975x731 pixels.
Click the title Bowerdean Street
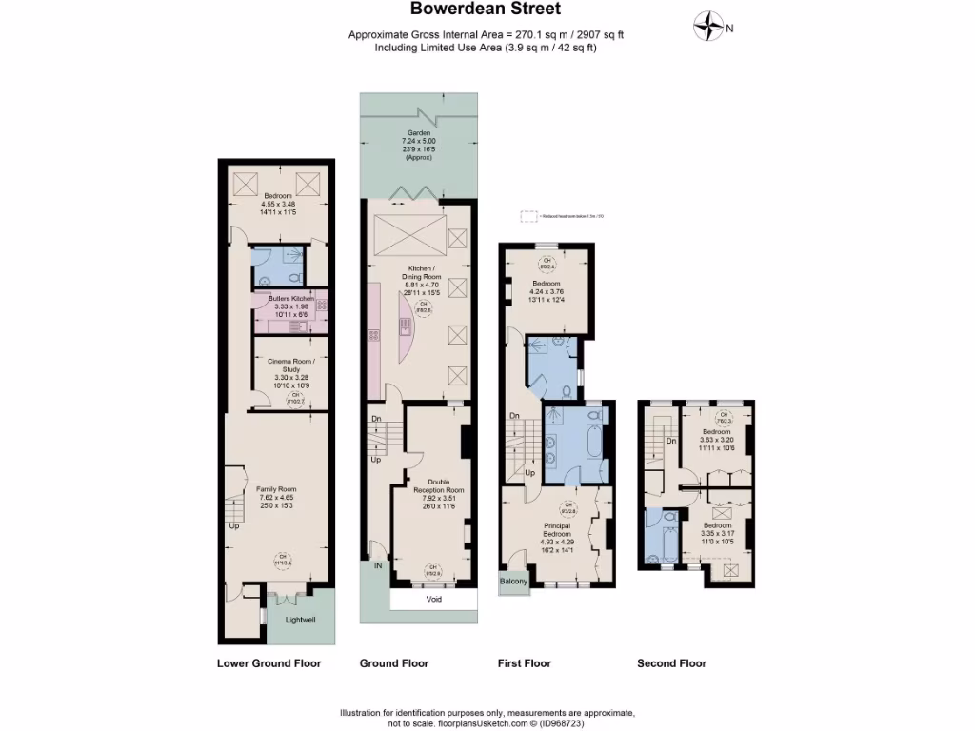[x=486, y=10]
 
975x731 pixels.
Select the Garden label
[x=419, y=133]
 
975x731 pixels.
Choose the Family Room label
[x=277, y=489]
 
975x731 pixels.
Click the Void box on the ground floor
[x=433, y=600]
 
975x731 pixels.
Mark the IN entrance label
[x=379, y=566]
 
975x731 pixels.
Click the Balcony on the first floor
[x=513, y=582]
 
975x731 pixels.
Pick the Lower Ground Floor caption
[x=269, y=663]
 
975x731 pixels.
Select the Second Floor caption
[x=671, y=663]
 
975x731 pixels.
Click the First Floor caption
[x=525, y=663]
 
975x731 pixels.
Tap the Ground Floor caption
[x=393, y=663]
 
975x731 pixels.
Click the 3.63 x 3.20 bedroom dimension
[x=718, y=440]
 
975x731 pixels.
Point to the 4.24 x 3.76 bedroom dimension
[x=547, y=292]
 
